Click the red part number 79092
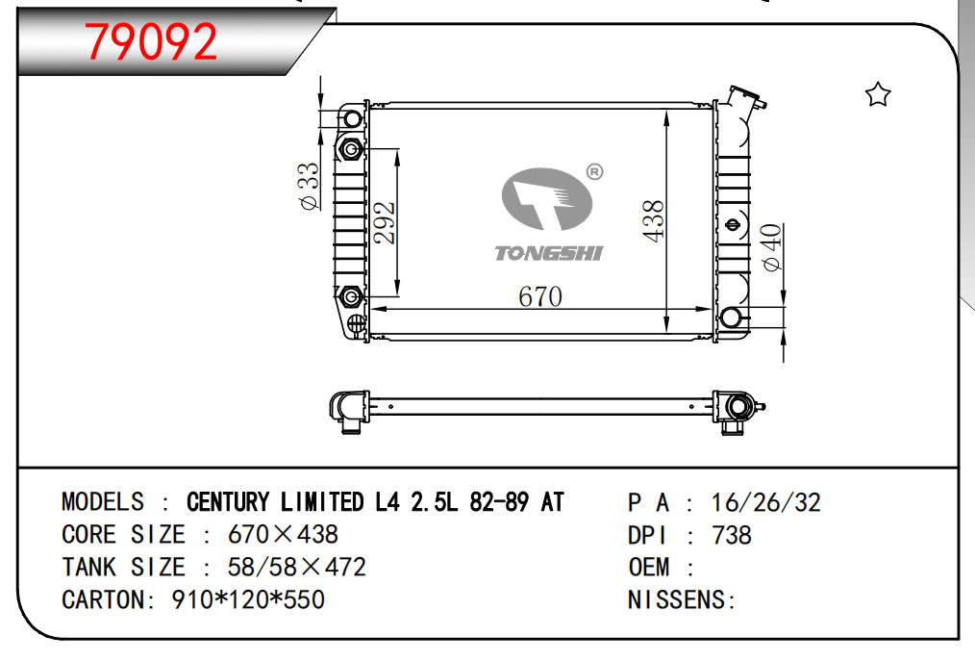(150, 41)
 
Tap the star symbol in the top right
(878, 94)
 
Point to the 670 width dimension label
(540, 296)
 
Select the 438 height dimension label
(653, 221)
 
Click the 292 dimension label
(384, 222)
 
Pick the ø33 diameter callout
(309, 186)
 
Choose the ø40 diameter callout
(771, 247)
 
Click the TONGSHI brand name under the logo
(548, 253)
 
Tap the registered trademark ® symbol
(594, 171)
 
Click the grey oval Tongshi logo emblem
(546, 199)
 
